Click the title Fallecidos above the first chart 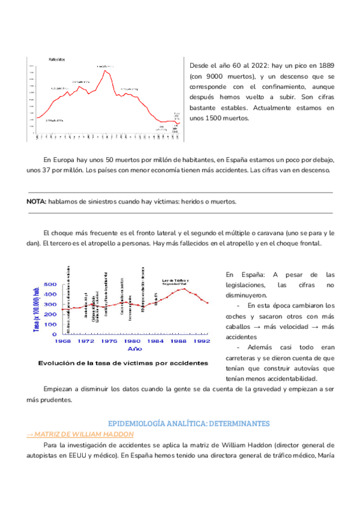pyautogui.click(x=57, y=59)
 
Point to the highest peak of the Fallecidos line pyautogui.click(x=105, y=70)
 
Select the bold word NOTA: pyautogui.click(x=37, y=202)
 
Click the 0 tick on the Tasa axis pyautogui.click(x=55, y=334)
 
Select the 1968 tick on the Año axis pyautogui.click(x=62, y=341)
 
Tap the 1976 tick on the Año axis pyautogui.click(x=109, y=341)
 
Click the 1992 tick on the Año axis pyautogui.click(x=201, y=341)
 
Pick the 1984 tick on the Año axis pyautogui.click(x=155, y=341)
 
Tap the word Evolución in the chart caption pyautogui.click(x=58, y=363)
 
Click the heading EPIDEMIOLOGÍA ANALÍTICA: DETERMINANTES pyautogui.click(x=188, y=423)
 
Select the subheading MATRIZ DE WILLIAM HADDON pyautogui.click(x=83, y=434)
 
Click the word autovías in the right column pyautogui.click(x=308, y=368)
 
